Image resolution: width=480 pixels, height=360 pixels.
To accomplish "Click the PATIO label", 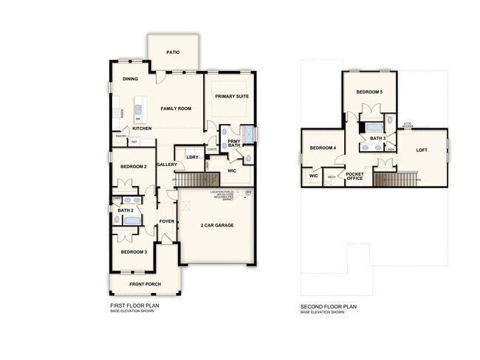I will [x=173, y=52].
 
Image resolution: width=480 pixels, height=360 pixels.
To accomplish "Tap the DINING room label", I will [x=130, y=79].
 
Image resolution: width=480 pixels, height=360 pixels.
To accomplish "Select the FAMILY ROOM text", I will [x=176, y=108].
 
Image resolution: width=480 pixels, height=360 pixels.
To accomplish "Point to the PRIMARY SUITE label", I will [x=230, y=97].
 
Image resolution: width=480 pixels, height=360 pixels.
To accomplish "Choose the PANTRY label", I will [x=120, y=136].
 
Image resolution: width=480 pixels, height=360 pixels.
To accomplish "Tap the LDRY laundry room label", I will [x=192, y=156].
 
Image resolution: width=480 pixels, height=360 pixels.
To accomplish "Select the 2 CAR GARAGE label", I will [x=217, y=225].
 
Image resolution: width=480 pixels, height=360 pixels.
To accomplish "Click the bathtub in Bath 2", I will [x=132, y=220].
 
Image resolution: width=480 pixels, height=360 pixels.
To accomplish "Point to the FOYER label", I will [x=167, y=221].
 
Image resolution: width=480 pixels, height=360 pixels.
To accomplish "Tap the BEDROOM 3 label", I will [x=134, y=252].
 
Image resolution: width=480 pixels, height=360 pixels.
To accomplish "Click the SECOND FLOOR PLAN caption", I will [x=329, y=305].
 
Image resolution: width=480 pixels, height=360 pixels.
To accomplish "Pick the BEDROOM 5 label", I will [x=369, y=91].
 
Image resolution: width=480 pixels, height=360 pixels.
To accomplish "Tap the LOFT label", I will [x=422, y=150].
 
